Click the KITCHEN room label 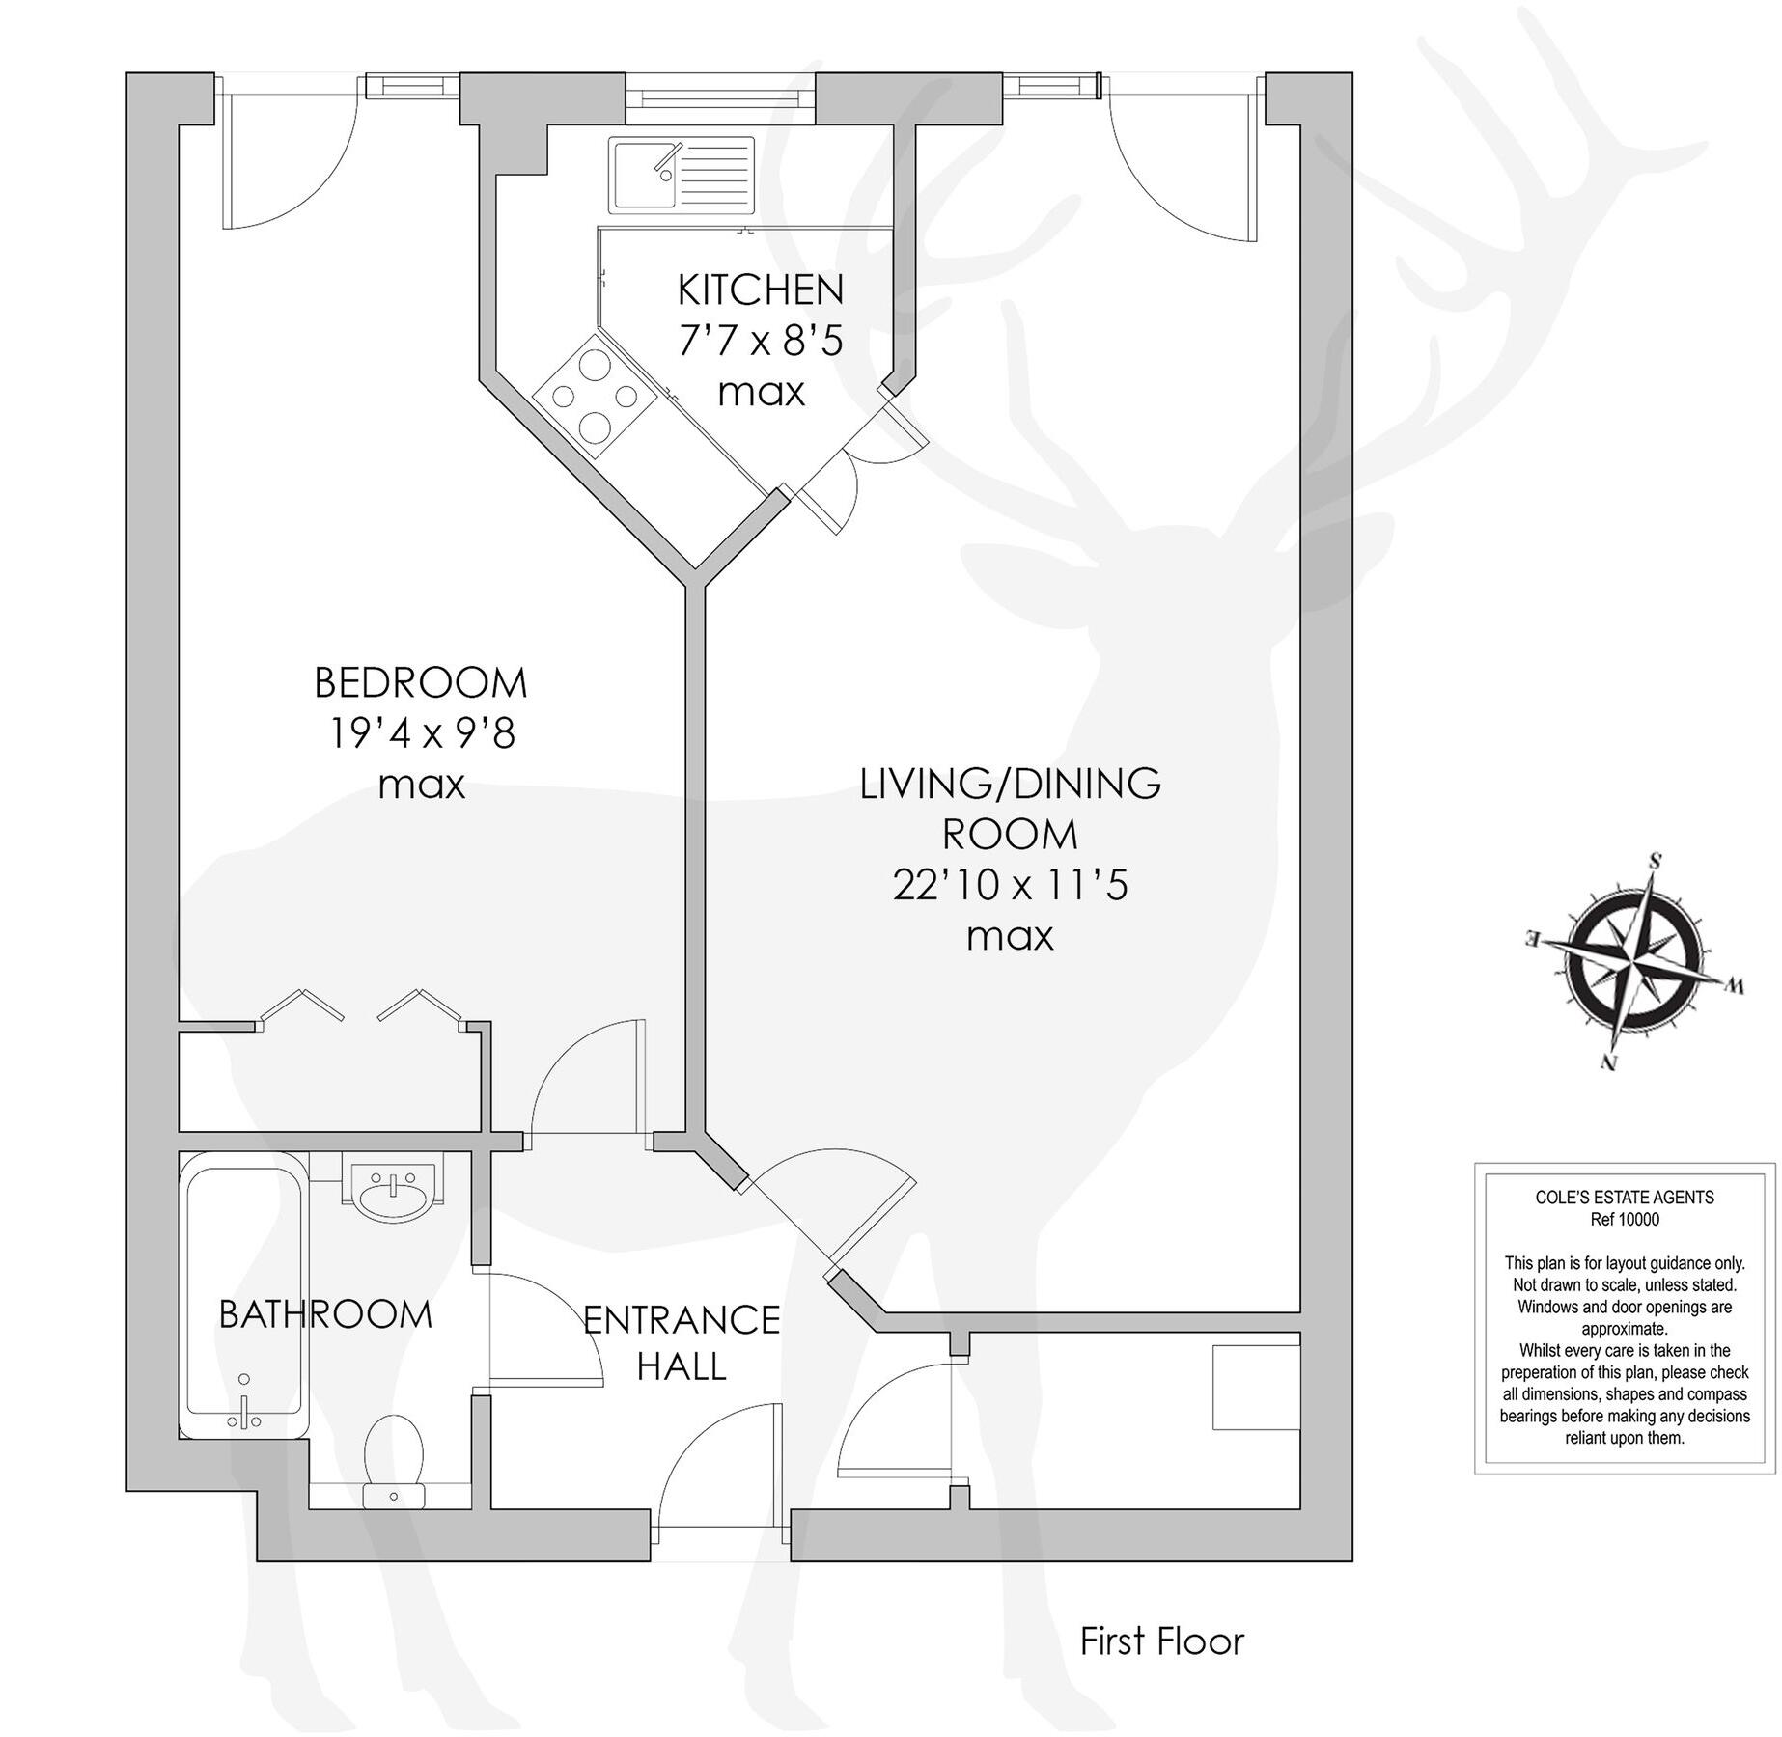(761, 289)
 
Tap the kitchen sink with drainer (682, 175)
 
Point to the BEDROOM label (421, 683)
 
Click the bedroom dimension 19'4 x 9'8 (422, 734)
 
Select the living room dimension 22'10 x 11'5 (1010, 885)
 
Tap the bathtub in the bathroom (244, 1303)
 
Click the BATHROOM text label (325, 1314)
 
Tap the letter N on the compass (1608, 1063)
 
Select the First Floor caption (1161, 1640)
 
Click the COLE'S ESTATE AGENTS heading (1624, 1198)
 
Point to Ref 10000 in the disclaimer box (1624, 1219)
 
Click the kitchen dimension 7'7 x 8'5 (761, 341)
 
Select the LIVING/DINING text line (1010, 783)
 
